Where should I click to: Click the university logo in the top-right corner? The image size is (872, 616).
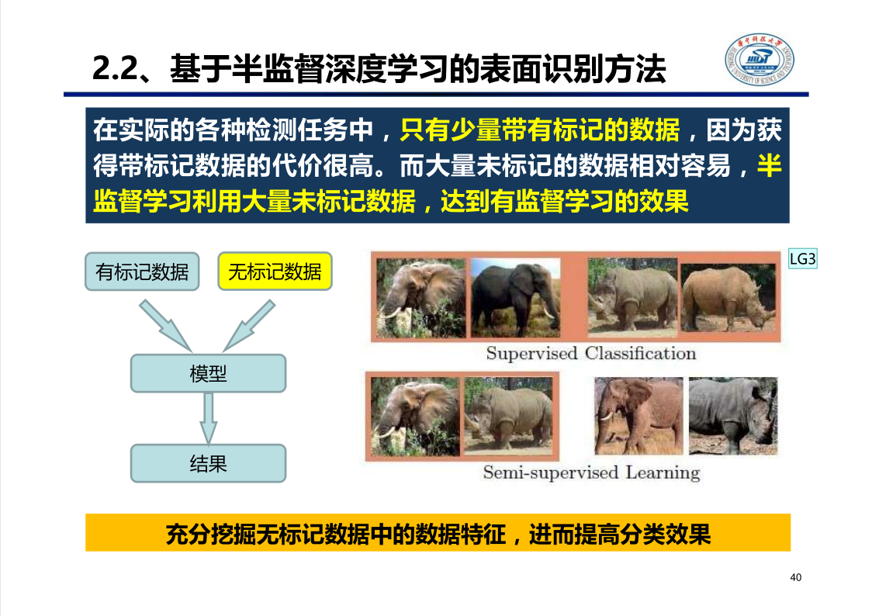point(759,60)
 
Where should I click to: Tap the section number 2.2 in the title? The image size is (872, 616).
point(115,69)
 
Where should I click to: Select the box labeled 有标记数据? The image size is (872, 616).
point(142,272)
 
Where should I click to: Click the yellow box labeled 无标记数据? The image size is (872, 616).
point(275,272)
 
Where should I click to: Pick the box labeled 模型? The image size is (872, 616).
point(209,373)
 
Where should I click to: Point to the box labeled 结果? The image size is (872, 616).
point(209,463)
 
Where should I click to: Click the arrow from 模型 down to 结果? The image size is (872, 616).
point(209,418)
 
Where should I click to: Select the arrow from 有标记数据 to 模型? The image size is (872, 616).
point(165,326)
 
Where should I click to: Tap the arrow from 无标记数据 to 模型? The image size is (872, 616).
point(249,326)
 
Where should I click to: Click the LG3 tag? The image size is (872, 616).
point(803,259)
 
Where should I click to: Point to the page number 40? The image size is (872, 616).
point(796,578)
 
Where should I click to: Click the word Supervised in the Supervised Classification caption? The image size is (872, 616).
point(531,354)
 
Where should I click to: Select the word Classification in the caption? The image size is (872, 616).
point(641,353)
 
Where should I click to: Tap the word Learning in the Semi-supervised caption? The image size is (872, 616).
point(663,473)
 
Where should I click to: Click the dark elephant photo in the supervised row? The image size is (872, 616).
point(516,298)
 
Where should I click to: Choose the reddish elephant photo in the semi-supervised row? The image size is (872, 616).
point(638,416)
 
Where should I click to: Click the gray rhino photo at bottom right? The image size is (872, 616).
point(733,416)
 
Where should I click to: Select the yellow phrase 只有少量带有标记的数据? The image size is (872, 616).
point(539,130)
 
